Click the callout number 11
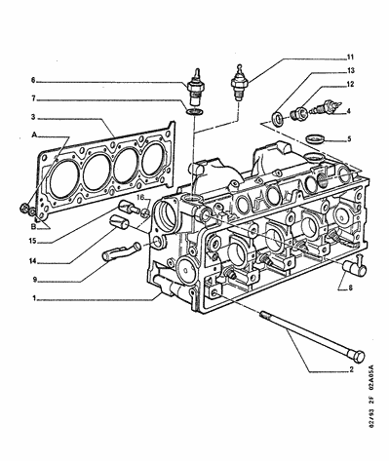[350, 58]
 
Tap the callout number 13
[351, 70]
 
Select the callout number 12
[350, 85]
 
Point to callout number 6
[33, 80]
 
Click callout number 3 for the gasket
[33, 117]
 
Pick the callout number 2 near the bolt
[351, 369]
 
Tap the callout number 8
[350, 288]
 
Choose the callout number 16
[139, 198]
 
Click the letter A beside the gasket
[33, 134]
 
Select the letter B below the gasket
[33, 227]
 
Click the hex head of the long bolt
[358, 357]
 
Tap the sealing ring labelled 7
[195, 112]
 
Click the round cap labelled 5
[315, 139]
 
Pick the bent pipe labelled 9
[121, 252]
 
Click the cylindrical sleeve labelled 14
[119, 222]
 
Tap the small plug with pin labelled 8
[355, 266]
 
